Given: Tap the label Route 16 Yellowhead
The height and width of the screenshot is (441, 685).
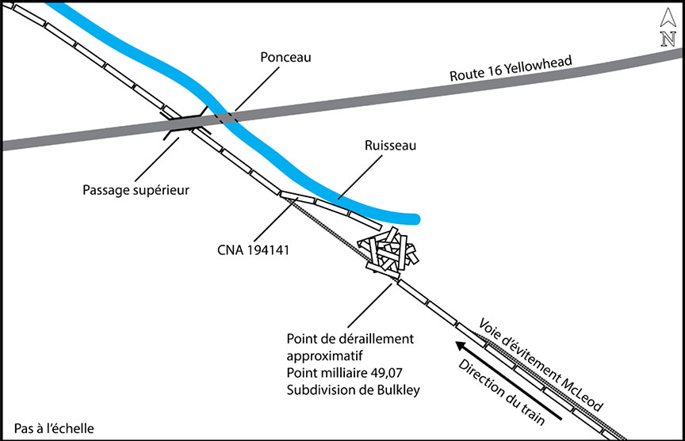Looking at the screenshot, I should pyautogui.click(x=511, y=69).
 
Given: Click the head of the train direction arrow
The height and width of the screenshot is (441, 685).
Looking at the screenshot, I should pyautogui.click(x=457, y=343).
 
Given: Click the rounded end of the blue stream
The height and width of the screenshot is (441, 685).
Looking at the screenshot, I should pyautogui.click(x=415, y=218).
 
